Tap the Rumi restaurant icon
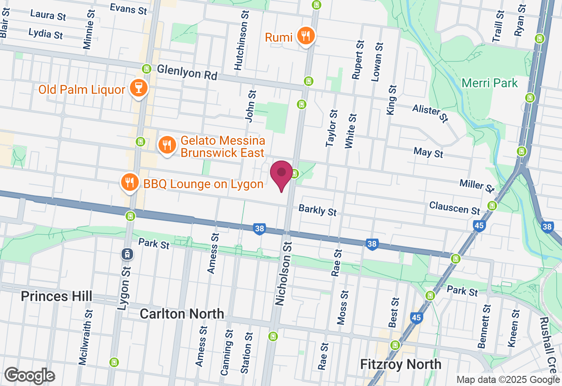[305, 36]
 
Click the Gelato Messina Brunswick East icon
[166, 144]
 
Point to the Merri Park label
[490, 83]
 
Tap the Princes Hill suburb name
[57, 296]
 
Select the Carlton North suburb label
[182, 314]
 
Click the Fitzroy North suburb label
[400, 364]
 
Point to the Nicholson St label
[284, 274]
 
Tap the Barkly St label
[317, 210]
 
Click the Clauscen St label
[454, 207]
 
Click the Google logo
[29, 376]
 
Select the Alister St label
[430, 113]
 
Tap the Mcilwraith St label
[86, 337]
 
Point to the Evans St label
[129, 9]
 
